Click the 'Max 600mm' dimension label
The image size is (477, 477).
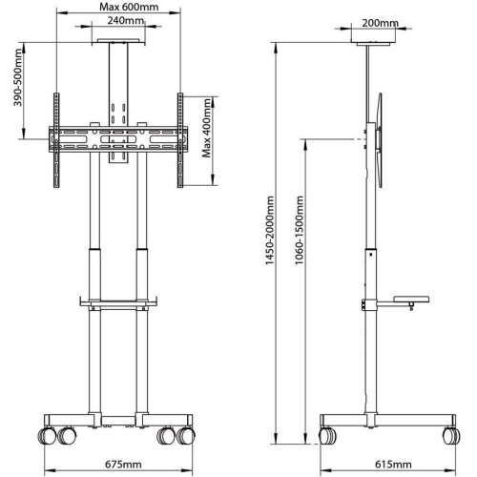[118, 9]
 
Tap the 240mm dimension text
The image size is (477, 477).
[119, 21]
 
